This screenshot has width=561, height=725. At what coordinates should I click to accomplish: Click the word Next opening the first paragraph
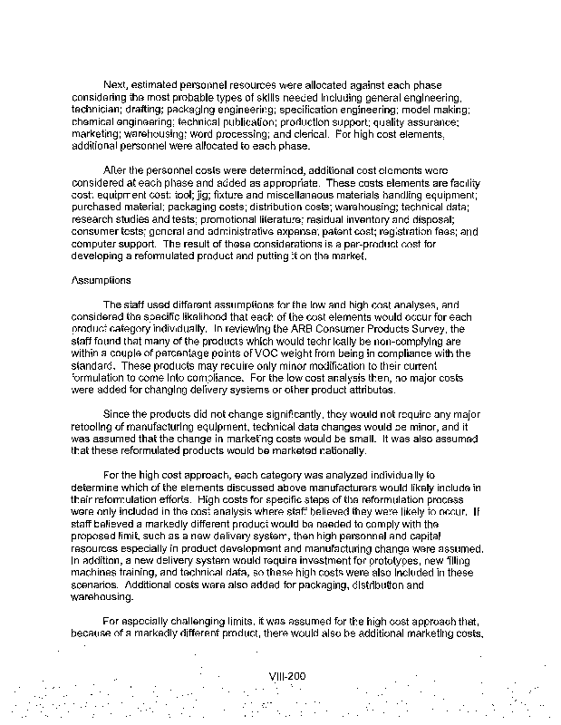coord(117,84)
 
